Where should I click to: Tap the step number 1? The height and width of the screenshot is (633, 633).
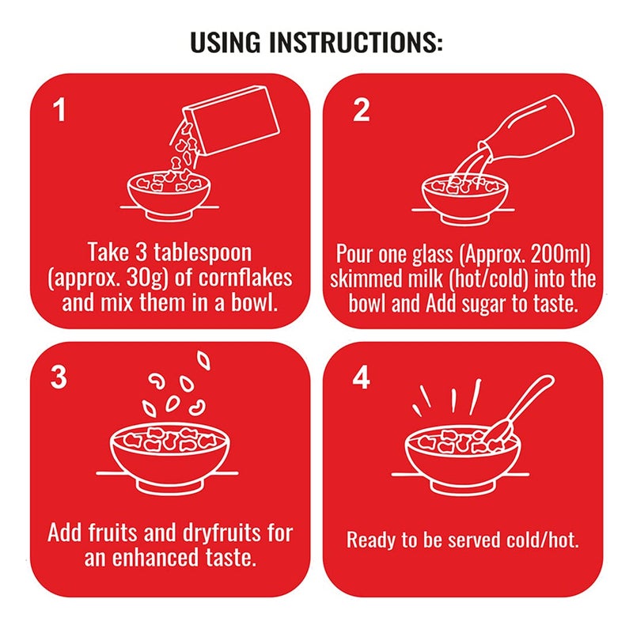click(59, 110)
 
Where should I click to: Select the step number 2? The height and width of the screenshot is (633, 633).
click(361, 109)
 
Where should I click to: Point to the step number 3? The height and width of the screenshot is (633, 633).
click(59, 377)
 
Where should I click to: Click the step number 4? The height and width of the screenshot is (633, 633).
click(361, 378)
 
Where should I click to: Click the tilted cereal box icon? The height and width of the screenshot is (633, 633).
click(230, 119)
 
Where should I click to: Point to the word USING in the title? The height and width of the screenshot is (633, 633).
click(225, 42)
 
